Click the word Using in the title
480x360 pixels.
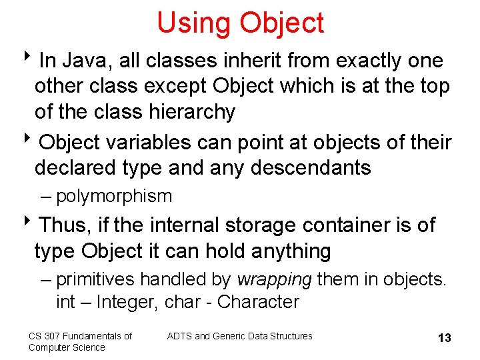click(193, 23)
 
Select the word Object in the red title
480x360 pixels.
click(281, 23)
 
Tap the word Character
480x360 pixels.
click(258, 302)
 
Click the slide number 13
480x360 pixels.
click(444, 338)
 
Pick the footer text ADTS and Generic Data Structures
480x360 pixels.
click(239, 336)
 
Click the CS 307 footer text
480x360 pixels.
click(80, 341)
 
